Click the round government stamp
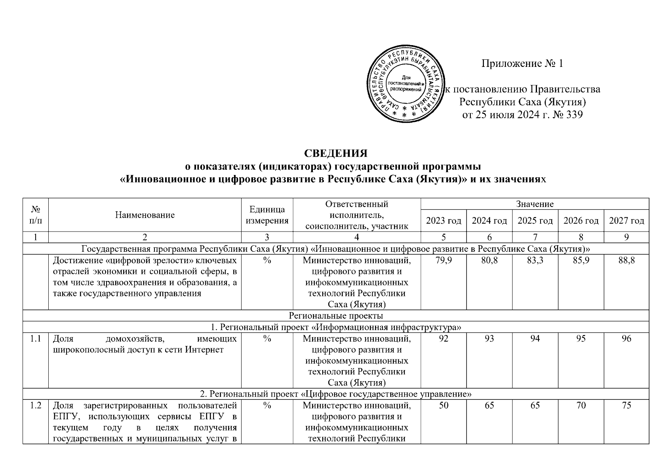(405, 84)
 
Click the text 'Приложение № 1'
(522, 64)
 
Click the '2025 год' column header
(535, 221)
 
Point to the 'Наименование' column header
(145, 215)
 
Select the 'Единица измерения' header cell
(267, 215)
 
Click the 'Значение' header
(535, 204)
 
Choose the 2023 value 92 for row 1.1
(444, 339)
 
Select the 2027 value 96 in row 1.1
(626, 339)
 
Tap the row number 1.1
(36, 339)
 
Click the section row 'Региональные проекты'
(336, 315)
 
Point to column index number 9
(626, 237)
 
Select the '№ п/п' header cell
(36, 215)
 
